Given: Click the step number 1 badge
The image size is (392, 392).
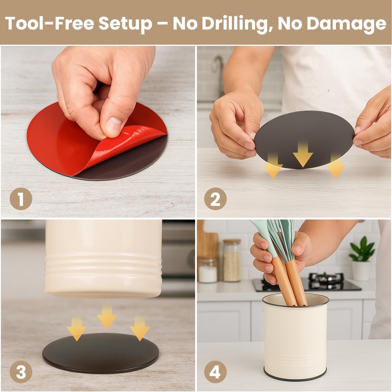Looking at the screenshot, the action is pyautogui.click(x=21, y=199).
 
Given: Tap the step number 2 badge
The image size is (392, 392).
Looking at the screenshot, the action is pyautogui.click(x=215, y=199).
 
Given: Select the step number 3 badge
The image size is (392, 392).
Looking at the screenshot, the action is pyautogui.click(x=21, y=372).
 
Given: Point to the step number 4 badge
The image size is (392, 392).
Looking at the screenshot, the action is pyautogui.click(x=215, y=372).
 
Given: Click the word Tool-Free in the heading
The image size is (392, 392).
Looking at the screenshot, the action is pyautogui.click(x=49, y=23).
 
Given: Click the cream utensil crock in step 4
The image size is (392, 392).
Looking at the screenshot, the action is pyautogui.click(x=296, y=337).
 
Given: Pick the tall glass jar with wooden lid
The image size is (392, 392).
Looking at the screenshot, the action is pyautogui.click(x=232, y=261).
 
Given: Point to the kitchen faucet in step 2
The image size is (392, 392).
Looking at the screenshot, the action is pyautogui.click(x=218, y=74).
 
